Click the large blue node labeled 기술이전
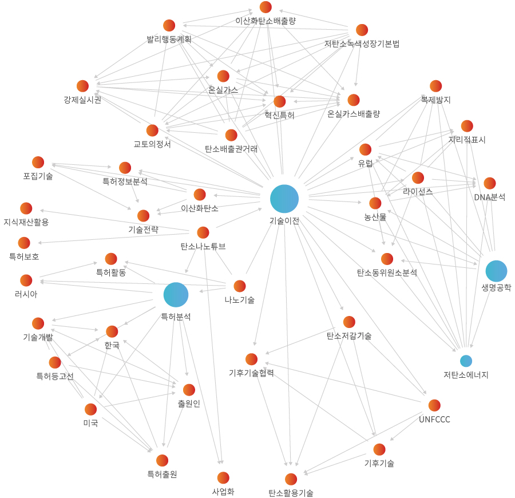click(x=284, y=199)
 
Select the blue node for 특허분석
click(x=176, y=295)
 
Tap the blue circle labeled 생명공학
click(x=496, y=271)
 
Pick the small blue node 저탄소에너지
click(x=466, y=361)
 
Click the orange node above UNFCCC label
click(x=434, y=405)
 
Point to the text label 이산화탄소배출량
click(x=266, y=21)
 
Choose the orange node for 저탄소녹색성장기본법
click(x=362, y=30)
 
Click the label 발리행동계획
click(x=169, y=39)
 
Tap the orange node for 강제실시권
click(x=82, y=86)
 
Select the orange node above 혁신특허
click(x=279, y=101)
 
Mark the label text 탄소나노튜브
click(x=203, y=247)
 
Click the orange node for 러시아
click(x=26, y=280)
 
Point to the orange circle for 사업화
click(x=223, y=477)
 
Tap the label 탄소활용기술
click(x=291, y=493)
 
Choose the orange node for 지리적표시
click(x=467, y=126)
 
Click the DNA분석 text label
click(x=489, y=197)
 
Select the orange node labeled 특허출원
click(x=162, y=460)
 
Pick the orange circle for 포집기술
click(x=38, y=162)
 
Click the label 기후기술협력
click(x=251, y=373)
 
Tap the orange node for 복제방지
click(x=436, y=86)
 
